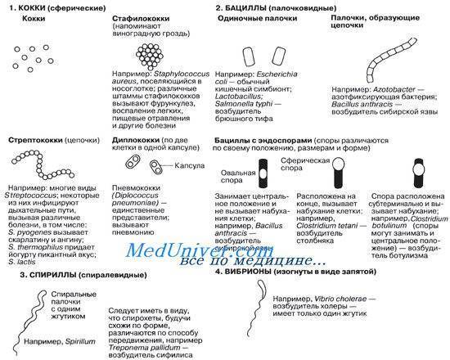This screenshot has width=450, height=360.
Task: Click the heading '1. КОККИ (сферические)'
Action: coord(51,7)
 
